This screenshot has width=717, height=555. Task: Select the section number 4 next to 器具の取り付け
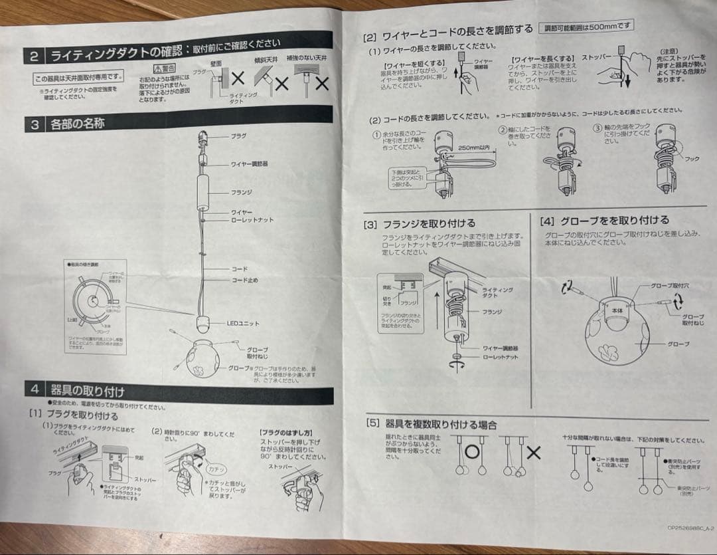(x=35, y=389)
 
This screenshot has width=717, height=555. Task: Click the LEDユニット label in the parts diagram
(x=243, y=324)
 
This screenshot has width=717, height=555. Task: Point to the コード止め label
(x=245, y=280)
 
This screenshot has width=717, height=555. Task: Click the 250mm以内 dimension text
(x=473, y=147)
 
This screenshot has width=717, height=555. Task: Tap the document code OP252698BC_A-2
(x=690, y=529)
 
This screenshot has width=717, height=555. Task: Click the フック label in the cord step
(x=692, y=159)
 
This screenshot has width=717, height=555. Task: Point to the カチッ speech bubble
(x=216, y=467)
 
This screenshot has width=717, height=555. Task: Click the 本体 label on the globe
(x=617, y=310)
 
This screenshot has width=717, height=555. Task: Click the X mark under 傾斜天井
(x=281, y=84)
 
